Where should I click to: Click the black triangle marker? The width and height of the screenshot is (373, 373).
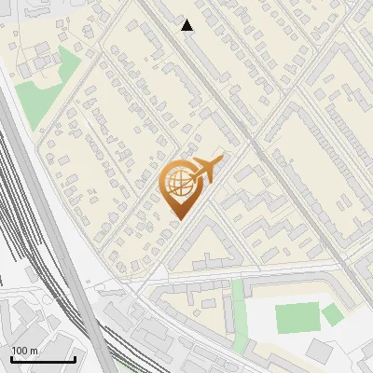click(187, 25)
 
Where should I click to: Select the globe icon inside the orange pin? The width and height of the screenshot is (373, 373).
click(178, 185)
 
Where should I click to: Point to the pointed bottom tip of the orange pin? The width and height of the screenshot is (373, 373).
click(178, 219)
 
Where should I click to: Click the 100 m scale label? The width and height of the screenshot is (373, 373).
click(24, 350)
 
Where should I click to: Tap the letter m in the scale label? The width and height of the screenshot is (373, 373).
click(33, 350)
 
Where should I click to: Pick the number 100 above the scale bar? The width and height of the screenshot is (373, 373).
click(20, 350)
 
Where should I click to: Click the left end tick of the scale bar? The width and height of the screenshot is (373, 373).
click(11, 358)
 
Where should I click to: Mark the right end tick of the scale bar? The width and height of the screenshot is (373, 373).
click(75, 358)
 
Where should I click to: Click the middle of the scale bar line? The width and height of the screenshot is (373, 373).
click(43, 360)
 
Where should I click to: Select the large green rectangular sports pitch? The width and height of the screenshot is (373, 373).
click(297, 318)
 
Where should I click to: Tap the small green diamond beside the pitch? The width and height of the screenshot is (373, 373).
click(333, 315)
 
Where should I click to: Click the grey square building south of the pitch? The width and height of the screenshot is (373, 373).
click(319, 352)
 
